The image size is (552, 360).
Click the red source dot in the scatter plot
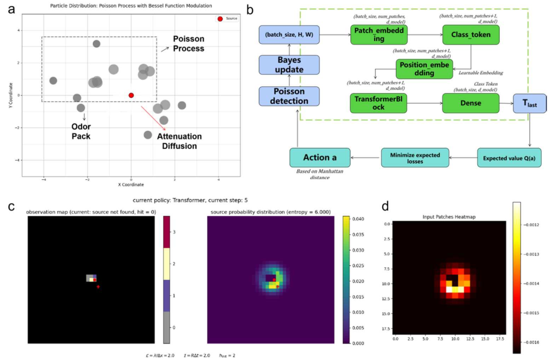coord(131,95)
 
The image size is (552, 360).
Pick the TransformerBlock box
coord(377,103)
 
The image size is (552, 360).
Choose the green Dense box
coord(471,103)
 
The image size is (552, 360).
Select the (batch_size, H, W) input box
coord(289,36)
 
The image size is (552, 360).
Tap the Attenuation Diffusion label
coord(179,141)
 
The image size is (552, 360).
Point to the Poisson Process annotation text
coord(189,44)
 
